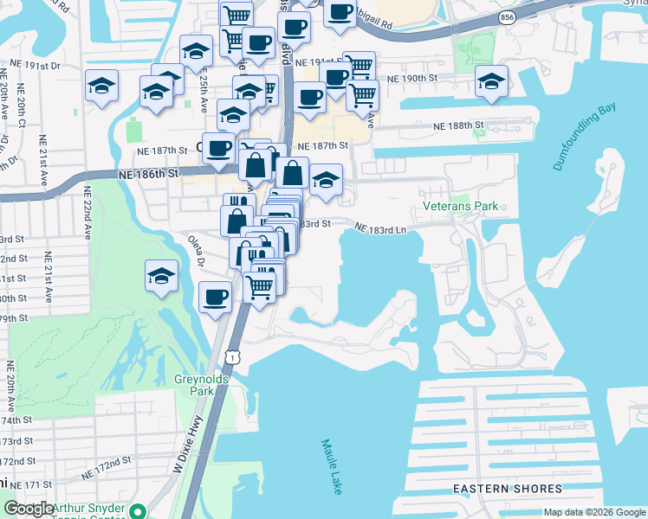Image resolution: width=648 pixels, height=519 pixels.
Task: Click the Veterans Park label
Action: click(461, 207)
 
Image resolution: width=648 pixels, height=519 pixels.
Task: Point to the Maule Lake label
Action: click(330, 466)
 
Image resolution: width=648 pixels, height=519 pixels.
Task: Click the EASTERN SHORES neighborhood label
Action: click(508, 489)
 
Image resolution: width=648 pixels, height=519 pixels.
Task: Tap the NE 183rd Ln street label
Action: click(380, 228)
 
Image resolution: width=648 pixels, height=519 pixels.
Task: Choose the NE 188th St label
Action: click(458, 126)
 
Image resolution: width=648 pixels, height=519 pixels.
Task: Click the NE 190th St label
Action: click(412, 79)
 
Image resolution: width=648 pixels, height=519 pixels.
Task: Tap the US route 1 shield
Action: click(230, 356)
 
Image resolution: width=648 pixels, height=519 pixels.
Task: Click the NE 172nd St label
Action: click(106, 472)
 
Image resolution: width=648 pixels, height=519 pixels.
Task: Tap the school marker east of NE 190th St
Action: click(491, 81)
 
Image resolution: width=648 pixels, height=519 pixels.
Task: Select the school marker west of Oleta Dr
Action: click(161, 276)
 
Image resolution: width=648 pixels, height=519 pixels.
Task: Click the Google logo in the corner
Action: click(29, 509)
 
